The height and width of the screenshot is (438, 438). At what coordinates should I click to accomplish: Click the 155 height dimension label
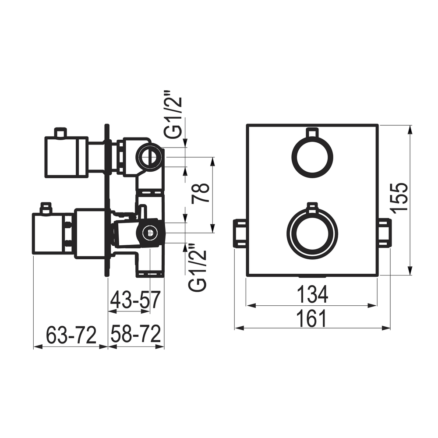(400, 198)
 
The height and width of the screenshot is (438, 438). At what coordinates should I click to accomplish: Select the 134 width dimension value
(312, 294)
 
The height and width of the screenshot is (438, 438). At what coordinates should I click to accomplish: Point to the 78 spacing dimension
(200, 193)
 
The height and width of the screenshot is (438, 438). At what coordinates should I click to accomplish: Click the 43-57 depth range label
(135, 300)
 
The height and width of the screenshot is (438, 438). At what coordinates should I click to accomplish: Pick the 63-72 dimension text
(71, 335)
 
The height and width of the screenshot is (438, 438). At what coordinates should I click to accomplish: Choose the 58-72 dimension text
(136, 333)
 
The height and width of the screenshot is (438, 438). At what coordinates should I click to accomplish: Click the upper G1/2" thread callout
(173, 117)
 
